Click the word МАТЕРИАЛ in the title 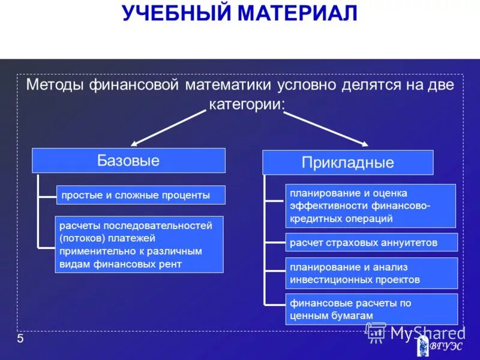point(297,13)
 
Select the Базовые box point(128,161)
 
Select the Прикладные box point(347,163)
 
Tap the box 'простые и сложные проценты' point(141,195)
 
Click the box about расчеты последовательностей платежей point(139,245)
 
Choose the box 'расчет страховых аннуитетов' point(371,242)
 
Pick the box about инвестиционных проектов point(371,274)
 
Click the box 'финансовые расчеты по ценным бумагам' point(371,309)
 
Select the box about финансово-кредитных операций point(370,206)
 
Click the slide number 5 point(20,340)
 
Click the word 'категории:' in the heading point(247,104)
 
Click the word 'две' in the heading point(440,85)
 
